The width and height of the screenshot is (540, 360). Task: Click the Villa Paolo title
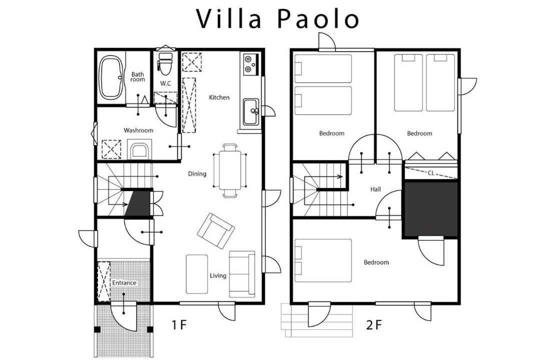(277, 18)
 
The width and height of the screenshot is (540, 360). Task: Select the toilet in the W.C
(165, 63)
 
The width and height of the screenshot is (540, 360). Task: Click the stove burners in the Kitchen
(249, 64)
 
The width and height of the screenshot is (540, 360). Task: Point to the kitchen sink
(250, 112)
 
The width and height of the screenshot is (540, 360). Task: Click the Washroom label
(138, 130)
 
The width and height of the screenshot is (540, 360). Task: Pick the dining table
(229, 170)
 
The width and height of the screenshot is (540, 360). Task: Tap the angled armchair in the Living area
(216, 231)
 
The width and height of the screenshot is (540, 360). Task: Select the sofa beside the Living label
(242, 274)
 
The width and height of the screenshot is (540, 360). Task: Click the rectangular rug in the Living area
(196, 274)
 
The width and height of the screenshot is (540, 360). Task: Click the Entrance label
(124, 283)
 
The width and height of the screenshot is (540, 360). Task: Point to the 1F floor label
(179, 324)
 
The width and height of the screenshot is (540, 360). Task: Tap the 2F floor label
(374, 324)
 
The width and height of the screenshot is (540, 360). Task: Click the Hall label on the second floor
(375, 189)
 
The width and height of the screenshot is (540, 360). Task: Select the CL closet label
(431, 173)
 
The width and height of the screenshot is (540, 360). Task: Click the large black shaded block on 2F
(431, 209)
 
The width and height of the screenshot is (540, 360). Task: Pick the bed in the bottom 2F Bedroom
(323, 260)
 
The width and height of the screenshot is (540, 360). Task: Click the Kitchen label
(219, 97)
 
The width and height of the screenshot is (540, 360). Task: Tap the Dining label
(197, 173)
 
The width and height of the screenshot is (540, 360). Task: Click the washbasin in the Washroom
(139, 150)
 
